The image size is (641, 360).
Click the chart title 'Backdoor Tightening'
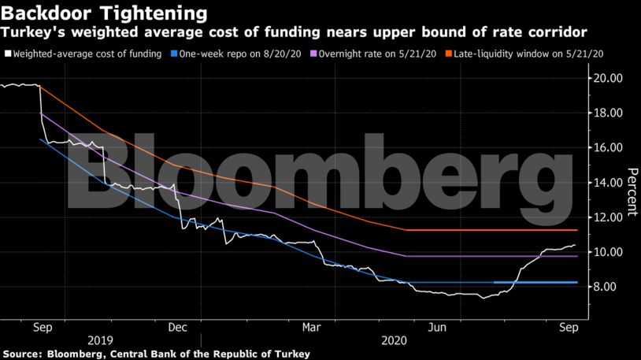point(105,13)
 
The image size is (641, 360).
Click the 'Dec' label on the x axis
point(177,327)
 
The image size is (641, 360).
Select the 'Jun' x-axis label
point(433,327)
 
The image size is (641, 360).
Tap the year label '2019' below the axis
point(100,341)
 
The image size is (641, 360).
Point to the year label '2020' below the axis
point(394,341)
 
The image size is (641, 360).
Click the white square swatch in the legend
point(8,54)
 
